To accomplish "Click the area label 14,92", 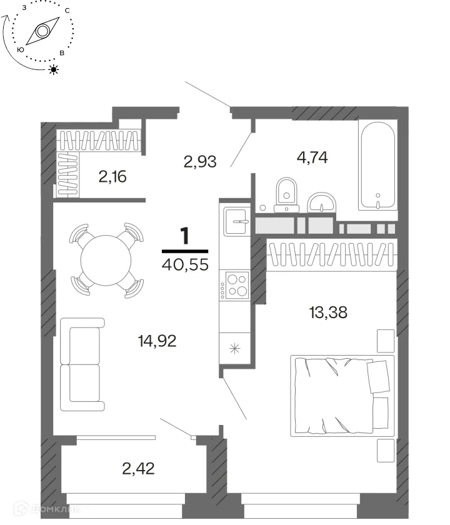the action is click(157, 341).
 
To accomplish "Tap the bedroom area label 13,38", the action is click(328, 312).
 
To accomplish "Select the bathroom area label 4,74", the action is click(312, 157).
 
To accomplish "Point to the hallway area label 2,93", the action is click(200, 161).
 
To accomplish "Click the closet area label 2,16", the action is click(112, 176).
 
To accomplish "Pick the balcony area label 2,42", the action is click(138, 468).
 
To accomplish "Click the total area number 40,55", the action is click(185, 264).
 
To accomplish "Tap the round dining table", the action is click(106, 260).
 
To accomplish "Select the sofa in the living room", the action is click(82, 364).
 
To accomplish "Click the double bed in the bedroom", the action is click(342, 396).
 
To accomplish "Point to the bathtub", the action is click(377, 166).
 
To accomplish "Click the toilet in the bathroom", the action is click(287, 195).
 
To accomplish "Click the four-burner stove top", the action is click(237, 285).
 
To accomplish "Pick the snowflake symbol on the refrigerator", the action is click(235, 349).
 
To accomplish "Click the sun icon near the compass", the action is click(54, 69).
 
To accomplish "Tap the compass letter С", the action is click(67, 11).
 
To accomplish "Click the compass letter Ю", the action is click(21, 49).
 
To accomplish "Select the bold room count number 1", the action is click(185, 236).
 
